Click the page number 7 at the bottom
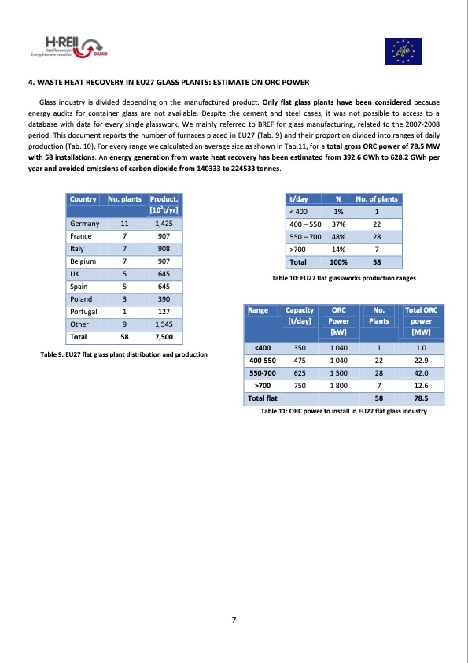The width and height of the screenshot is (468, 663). point(234,620)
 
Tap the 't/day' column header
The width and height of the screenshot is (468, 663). point(299,199)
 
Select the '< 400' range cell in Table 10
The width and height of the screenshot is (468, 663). point(299,211)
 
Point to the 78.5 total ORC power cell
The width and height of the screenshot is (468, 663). point(421,399)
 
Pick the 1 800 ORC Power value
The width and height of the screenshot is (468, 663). point(339,386)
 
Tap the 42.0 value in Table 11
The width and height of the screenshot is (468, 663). point(421,373)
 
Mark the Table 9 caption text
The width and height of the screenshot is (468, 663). point(123,354)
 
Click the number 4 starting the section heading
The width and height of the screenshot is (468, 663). point(29,83)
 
